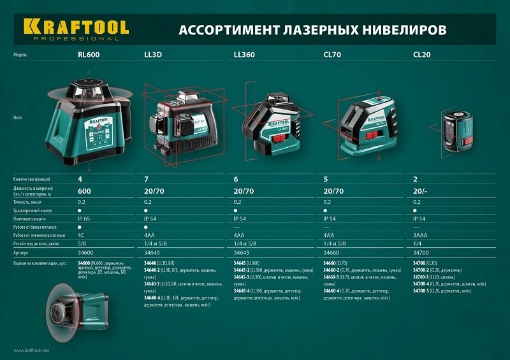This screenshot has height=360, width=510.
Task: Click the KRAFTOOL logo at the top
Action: [76, 28]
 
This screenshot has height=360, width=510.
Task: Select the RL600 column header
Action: [89, 55]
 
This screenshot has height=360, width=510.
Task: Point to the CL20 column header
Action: [422, 55]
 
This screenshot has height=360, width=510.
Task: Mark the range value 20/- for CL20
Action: [421, 191]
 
